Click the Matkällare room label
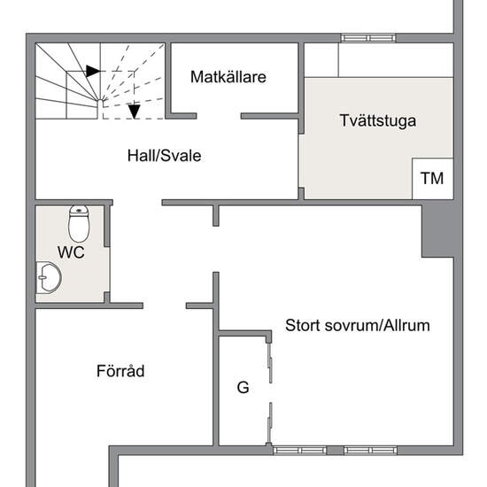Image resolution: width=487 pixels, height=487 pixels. pos(228,77)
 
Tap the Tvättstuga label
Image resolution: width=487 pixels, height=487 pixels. pos(378,120)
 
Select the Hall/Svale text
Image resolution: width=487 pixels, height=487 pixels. pos(165,155)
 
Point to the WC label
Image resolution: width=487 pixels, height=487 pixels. pos(71,251)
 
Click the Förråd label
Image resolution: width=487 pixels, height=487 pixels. pos(120,370)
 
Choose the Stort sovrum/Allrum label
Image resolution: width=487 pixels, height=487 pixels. pos(358,326)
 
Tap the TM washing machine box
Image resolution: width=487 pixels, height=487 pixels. pos(433,179)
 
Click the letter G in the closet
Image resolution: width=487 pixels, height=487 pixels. pos(243,387)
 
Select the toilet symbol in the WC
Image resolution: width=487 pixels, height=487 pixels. pos(79,224)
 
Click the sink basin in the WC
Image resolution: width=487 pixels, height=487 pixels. pos(49,277)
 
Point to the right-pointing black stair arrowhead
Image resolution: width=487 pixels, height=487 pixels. pos(93,71)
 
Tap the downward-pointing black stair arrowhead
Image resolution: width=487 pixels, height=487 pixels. pos(135,112)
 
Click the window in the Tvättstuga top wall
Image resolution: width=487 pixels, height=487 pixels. pos(368,38)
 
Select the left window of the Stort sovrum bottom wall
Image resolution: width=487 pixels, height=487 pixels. pos(299,450)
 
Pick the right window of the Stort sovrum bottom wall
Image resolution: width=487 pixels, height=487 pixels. pos(370,450)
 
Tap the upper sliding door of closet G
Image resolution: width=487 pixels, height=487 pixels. pos(270,363)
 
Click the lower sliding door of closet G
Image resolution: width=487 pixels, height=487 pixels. pos(270,423)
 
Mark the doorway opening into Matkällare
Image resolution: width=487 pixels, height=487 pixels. pos(219,116)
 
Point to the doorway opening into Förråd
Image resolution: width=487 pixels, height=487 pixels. pos(165,306)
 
